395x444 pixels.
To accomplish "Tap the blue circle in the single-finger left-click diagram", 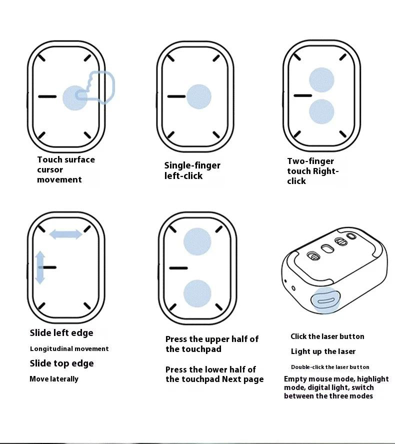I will [x=199, y=96].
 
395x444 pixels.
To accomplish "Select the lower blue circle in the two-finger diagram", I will [x=321, y=111].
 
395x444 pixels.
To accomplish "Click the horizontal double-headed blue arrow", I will [x=65, y=233].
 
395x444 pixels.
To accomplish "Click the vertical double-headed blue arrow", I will [x=40, y=267].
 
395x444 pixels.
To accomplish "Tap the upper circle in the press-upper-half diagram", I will [x=197, y=241].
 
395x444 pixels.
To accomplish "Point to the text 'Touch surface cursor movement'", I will [x=65, y=169].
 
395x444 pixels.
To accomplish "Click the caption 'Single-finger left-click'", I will [x=192, y=170].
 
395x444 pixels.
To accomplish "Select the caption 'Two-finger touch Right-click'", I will [x=312, y=171].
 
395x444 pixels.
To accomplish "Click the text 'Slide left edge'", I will [x=61, y=333].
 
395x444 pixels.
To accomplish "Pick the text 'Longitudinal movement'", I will [x=69, y=349].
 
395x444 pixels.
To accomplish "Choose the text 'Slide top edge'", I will [x=61, y=363].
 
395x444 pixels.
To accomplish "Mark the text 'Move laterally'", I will [x=54, y=379].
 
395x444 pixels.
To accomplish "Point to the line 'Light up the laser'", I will [x=323, y=351].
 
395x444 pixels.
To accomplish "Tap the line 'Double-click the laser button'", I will [x=330, y=367].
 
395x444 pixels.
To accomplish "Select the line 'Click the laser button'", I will [x=327, y=336].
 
